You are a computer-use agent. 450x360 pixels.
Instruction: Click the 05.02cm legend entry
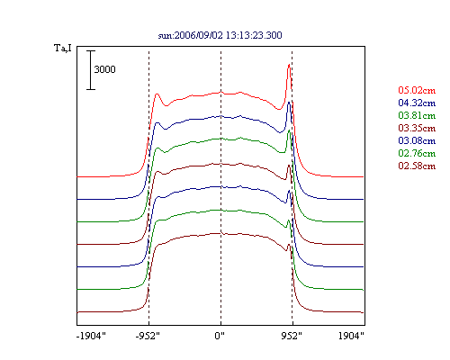(417, 90)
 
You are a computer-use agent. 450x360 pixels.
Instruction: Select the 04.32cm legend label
(417, 103)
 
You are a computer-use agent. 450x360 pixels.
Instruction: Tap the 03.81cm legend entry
(417, 115)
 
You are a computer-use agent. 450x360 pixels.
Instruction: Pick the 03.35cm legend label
(417, 128)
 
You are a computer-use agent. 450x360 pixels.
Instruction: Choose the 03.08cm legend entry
(417, 140)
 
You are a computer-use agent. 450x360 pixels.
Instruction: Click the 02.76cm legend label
(417, 153)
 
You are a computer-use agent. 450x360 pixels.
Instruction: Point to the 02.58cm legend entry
(417, 166)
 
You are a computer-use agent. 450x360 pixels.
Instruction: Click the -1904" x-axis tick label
(91, 336)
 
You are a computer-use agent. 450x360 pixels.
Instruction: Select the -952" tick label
(148, 336)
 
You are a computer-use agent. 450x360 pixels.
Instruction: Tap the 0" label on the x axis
(220, 336)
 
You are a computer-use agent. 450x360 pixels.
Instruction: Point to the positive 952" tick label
(292, 336)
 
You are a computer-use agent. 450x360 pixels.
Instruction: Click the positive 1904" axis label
(351, 336)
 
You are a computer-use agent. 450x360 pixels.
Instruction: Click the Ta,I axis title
(63, 48)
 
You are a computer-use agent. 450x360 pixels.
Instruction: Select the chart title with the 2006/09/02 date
(220, 35)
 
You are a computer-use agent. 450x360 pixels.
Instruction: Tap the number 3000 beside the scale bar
(104, 69)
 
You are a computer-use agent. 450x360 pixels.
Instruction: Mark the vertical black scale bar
(91, 70)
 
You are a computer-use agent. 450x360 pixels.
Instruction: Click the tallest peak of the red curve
(289, 65)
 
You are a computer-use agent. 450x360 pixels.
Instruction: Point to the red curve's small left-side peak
(157, 94)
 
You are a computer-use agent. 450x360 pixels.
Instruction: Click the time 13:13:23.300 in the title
(254, 35)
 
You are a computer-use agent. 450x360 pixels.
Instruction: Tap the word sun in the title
(165, 36)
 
